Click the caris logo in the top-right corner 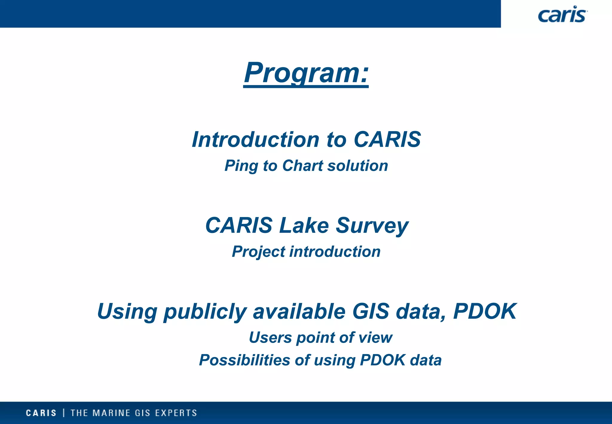[562, 14]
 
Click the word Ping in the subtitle [241, 166]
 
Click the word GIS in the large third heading [371, 311]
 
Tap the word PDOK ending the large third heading [485, 311]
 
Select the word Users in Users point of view [270, 338]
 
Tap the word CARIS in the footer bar [41, 413]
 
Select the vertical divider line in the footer [64, 413]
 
